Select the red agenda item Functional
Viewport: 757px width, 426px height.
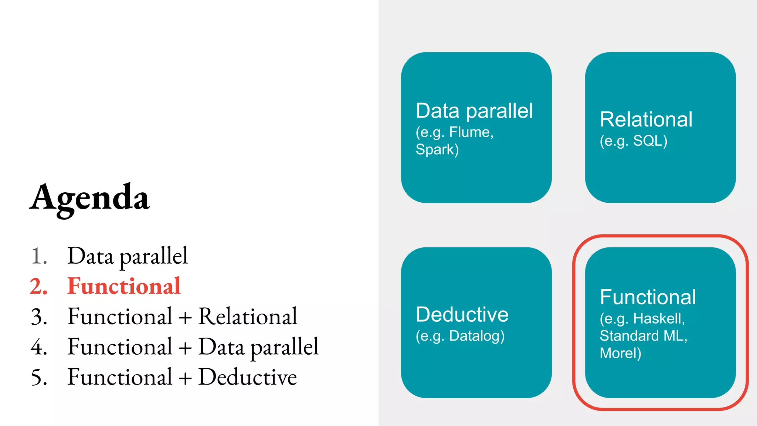point(124,286)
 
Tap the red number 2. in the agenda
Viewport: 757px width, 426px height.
point(39,287)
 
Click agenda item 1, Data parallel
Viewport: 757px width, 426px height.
point(128,256)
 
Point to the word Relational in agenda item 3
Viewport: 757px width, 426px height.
point(248,317)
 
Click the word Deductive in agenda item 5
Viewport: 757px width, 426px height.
point(248,377)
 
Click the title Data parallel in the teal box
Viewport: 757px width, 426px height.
point(474,111)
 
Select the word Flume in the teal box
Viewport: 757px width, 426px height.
point(471,132)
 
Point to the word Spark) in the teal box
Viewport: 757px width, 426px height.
point(437,149)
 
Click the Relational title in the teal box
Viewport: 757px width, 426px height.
point(646,119)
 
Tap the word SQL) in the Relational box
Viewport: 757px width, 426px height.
point(650,141)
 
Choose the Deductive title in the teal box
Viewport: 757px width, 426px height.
point(462,314)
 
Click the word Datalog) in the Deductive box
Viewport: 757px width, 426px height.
point(477,336)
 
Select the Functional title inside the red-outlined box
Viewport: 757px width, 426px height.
point(648,297)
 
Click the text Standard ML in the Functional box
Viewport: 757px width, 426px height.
point(642,336)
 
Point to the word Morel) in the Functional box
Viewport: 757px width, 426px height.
point(620,353)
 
